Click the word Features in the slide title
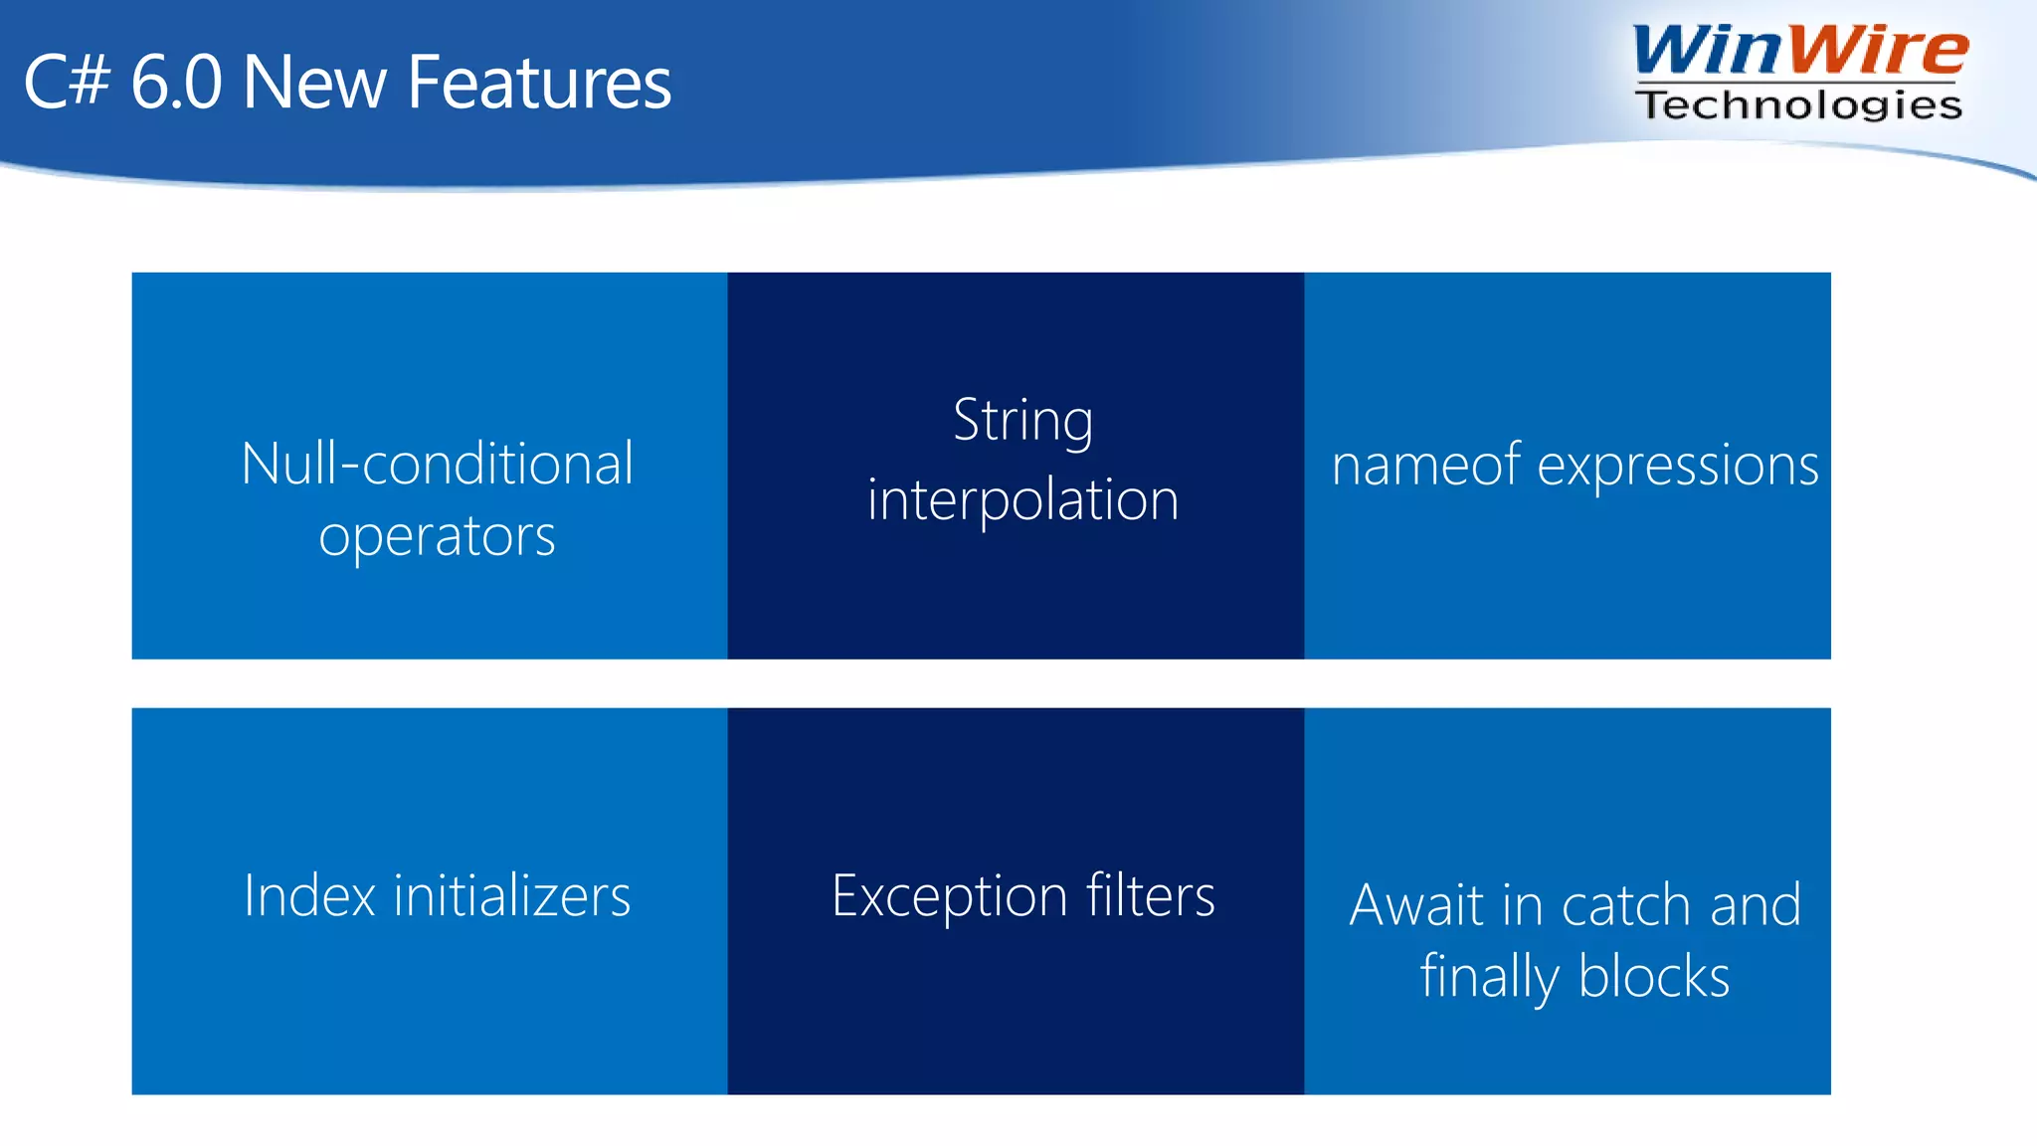point(539,83)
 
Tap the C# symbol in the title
point(66,83)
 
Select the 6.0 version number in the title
point(176,83)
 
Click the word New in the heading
point(314,83)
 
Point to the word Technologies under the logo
point(1798,104)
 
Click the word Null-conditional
point(437,464)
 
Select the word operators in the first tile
point(437,537)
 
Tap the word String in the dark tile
point(1022,421)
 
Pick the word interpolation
point(1022,499)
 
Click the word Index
point(309,895)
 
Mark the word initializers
point(512,895)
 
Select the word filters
point(1150,895)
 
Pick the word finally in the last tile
point(1489,977)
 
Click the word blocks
point(1654,977)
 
